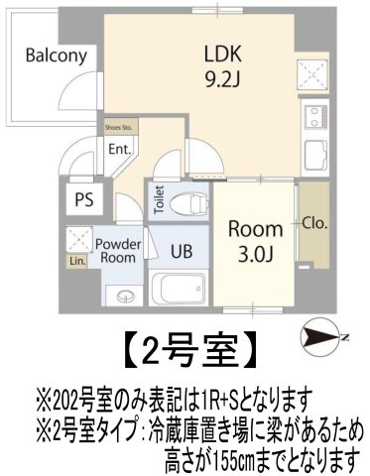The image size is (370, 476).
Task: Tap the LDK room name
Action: pos(223,53)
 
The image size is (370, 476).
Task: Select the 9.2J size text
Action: pos(224,77)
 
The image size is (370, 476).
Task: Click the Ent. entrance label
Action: pos(120,150)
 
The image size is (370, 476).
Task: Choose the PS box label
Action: pos(84,198)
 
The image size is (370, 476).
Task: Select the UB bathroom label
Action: pos(180,251)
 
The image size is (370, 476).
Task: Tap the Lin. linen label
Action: pos(76,262)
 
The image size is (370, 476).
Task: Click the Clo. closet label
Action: pos(315,222)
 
